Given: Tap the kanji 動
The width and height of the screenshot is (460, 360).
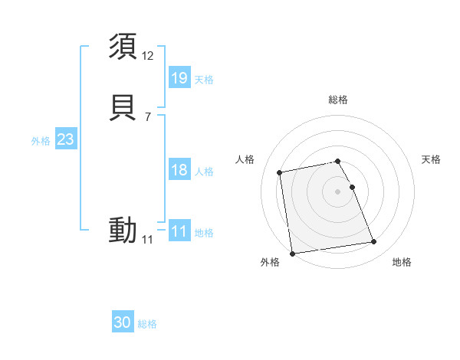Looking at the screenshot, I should click(x=123, y=229).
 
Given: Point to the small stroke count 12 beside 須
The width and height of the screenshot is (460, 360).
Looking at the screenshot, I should click(x=148, y=56).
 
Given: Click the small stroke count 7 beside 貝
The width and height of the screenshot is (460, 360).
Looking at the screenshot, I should click(x=147, y=117).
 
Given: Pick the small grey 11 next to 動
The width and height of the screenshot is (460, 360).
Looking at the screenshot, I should click(x=147, y=240).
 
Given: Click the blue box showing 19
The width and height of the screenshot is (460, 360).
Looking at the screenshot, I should click(x=179, y=77).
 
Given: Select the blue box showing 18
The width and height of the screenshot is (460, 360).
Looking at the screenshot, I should click(x=179, y=170).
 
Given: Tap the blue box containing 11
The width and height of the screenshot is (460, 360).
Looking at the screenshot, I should click(x=179, y=231).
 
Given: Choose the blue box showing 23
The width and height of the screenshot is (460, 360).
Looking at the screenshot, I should click(x=65, y=139).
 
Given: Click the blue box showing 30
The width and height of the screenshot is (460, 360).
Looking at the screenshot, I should click(x=122, y=322).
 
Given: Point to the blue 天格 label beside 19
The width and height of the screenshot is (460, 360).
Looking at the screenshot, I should click(x=204, y=80).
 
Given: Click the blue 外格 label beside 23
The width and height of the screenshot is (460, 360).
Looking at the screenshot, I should click(x=41, y=141).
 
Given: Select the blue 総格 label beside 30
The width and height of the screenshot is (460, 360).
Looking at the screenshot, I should click(x=147, y=325).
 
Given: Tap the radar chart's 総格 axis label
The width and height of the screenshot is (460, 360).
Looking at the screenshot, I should click(x=337, y=100).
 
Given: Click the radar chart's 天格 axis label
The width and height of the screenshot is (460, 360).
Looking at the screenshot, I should click(x=432, y=159).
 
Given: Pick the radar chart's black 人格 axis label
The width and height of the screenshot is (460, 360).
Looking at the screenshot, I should click(x=245, y=159).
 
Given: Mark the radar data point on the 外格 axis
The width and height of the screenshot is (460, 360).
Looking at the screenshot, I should click(x=292, y=253).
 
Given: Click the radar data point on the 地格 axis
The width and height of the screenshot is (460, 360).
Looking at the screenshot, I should click(x=373, y=242).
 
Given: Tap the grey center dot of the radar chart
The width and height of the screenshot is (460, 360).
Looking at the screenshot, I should click(x=337, y=191).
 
